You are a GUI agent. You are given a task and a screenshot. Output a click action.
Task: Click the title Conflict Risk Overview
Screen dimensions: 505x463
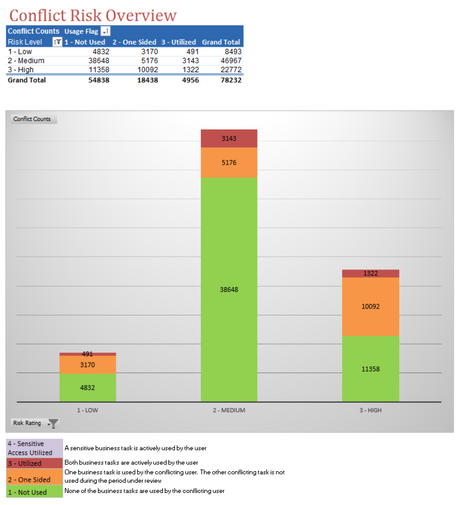[93, 15]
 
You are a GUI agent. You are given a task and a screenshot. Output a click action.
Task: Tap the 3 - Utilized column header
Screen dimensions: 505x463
[179, 42]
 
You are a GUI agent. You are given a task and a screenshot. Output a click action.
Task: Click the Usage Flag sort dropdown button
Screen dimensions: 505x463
[106, 31]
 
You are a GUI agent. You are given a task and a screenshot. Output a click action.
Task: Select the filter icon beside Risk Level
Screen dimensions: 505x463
[57, 42]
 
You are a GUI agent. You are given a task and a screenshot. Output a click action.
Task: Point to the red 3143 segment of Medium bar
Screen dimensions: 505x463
[229, 139]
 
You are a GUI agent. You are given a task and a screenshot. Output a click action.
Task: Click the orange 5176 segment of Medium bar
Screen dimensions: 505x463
[229, 163]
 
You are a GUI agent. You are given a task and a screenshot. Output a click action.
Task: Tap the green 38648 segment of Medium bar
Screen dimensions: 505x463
[229, 290]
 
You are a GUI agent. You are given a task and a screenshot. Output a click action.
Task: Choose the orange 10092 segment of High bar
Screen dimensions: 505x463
[370, 306]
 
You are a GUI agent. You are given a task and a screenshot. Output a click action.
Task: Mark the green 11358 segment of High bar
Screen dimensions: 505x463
[370, 369]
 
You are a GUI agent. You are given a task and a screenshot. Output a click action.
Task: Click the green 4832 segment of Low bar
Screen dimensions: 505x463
[87, 387]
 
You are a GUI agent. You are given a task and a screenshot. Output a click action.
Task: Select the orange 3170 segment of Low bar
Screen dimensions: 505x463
[87, 365]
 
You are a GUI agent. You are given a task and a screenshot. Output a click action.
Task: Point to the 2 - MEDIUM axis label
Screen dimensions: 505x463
[229, 410]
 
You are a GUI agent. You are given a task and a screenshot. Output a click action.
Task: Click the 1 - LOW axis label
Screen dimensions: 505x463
[87, 410]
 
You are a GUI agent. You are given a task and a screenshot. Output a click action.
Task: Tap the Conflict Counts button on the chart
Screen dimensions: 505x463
[32, 119]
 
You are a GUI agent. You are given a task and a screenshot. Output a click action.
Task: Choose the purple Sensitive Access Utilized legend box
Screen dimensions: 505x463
[34, 448]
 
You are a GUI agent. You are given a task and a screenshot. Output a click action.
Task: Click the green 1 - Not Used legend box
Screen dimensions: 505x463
[34, 492]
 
